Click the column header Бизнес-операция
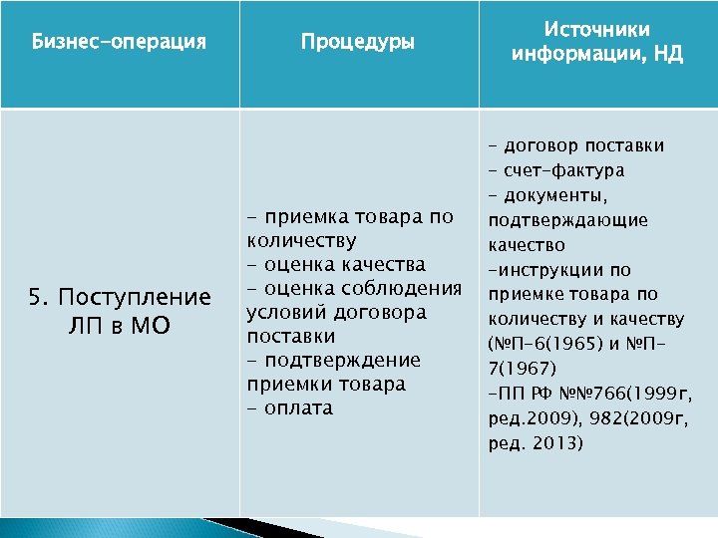point(119,43)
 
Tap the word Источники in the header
point(597,30)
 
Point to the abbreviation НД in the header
point(667,54)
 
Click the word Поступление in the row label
point(135,298)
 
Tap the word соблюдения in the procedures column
point(404,289)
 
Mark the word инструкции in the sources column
point(546,270)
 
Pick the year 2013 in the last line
point(554,442)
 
